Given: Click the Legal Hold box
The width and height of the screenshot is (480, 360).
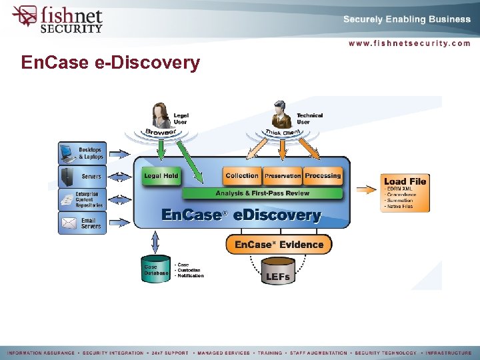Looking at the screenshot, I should click(161, 176).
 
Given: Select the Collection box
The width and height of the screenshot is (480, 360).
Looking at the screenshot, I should click(241, 176).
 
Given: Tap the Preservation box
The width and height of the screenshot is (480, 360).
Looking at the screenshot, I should click(283, 176).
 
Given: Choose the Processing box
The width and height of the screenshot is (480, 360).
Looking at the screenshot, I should click(323, 176).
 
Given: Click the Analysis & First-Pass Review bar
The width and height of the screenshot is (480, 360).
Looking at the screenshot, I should click(262, 193).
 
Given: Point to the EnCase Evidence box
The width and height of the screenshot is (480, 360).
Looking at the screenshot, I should click(279, 245).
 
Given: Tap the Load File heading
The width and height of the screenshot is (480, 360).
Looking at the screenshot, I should click(405, 181).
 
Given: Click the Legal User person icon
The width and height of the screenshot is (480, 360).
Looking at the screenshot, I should click(161, 115).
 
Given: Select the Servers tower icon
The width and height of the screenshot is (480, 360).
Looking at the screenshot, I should click(68, 177).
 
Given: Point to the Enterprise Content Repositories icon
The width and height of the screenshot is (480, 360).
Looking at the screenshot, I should click(68, 199).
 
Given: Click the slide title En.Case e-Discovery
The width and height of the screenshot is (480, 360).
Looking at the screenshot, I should click(111, 63).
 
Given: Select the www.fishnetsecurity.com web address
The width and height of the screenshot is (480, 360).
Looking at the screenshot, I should click(409, 43).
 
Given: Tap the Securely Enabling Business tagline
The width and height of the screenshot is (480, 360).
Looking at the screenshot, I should click(407, 19).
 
